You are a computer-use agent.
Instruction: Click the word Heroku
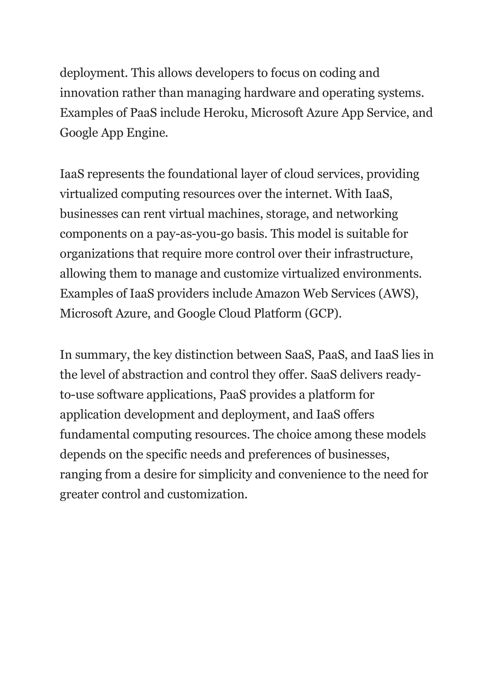click(225, 113)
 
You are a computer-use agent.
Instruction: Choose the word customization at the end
click(207, 494)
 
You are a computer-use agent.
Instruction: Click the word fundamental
click(95, 435)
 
